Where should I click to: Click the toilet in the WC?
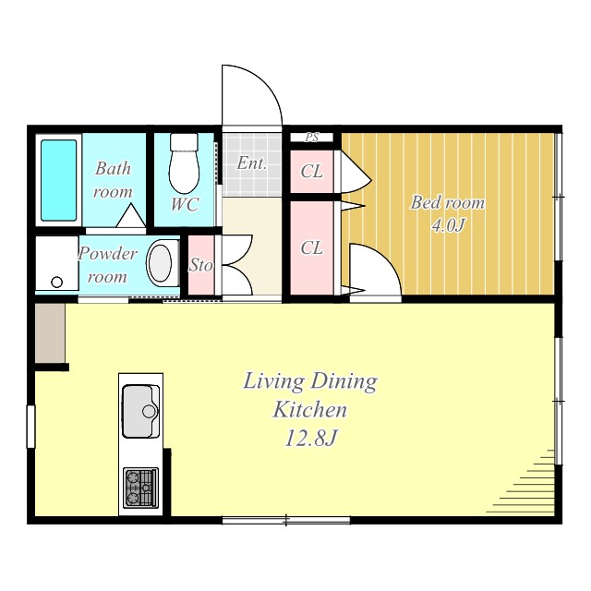(184, 163)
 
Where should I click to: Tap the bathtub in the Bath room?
(58, 181)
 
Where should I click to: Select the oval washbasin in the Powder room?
(160, 264)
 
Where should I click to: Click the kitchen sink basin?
(140, 411)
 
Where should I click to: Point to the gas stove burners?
(140, 488)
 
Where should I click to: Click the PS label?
(312, 138)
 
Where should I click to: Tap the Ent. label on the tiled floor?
(252, 163)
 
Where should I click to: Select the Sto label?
(200, 265)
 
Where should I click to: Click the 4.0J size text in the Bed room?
(448, 225)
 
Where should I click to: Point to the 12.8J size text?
(310, 439)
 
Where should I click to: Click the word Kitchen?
(310, 409)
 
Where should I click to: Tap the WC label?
(185, 204)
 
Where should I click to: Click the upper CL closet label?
(312, 172)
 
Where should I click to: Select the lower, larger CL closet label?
(312, 248)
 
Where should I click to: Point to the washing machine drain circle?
(57, 282)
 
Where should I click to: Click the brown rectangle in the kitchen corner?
(50, 333)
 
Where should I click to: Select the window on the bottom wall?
(286, 520)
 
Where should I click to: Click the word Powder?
(107, 254)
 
